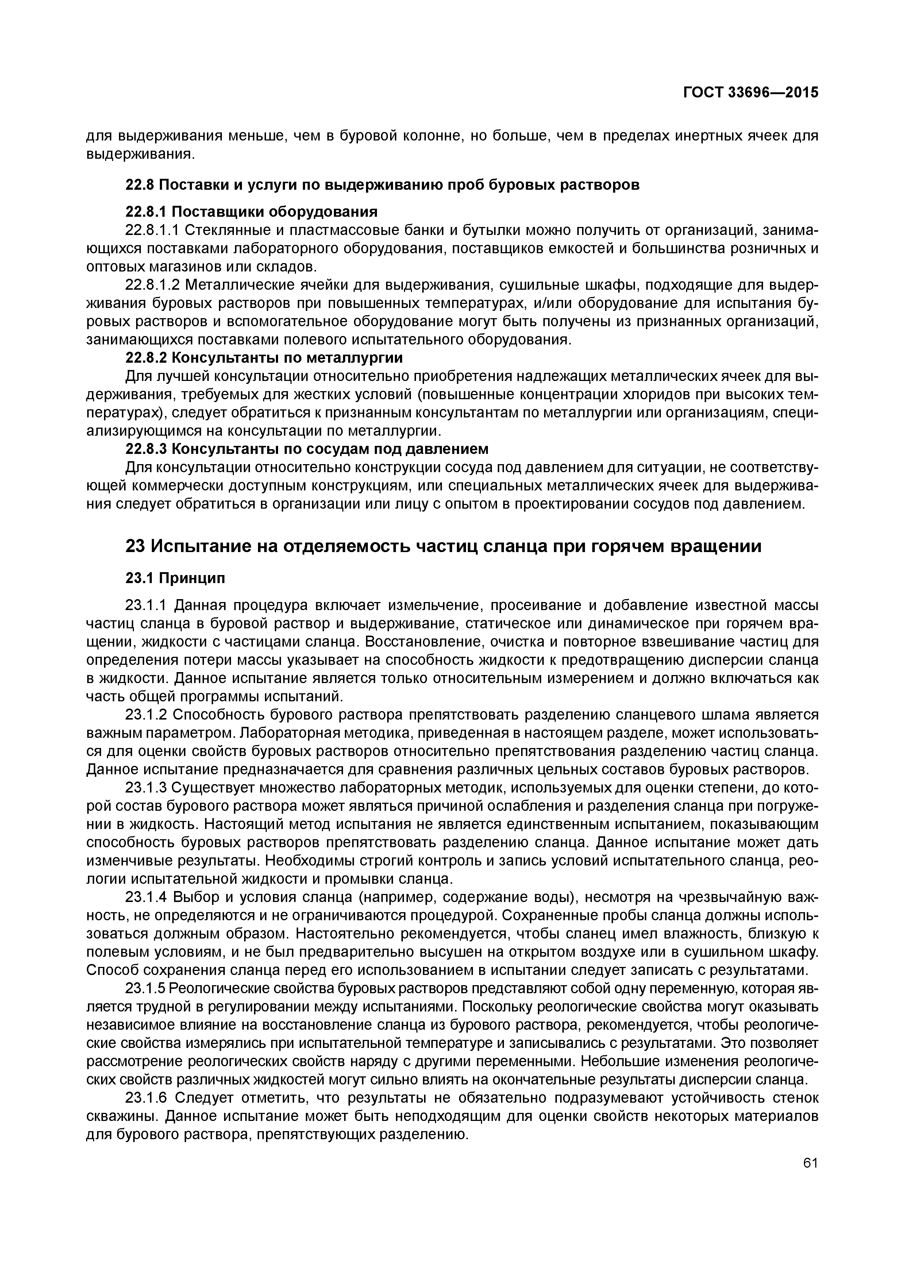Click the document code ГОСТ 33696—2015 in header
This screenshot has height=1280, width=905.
click(x=751, y=93)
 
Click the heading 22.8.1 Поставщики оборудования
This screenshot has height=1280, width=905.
click(x=251, y=212)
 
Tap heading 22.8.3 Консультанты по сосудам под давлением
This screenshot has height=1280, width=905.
click(x=307, y=449)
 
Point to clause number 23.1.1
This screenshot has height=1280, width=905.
click(x=146, y=605)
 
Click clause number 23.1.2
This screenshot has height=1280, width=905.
click(x=146, y=715)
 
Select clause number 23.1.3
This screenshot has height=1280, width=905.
click(x=146, y=788)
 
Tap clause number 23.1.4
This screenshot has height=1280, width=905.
click(x=146, y=898)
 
